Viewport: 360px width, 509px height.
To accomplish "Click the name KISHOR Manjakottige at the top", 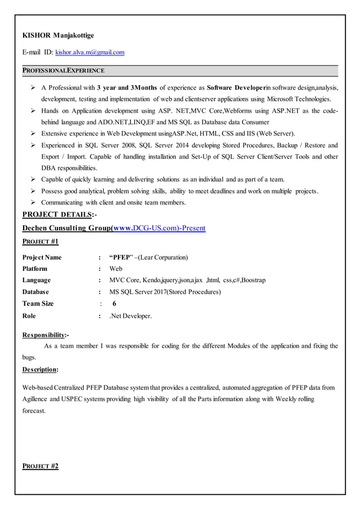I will click(x=58, y=36).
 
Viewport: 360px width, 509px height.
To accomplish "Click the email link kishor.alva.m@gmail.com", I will click(x=90, y=52).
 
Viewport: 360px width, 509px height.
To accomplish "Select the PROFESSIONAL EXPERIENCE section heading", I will click(x=63, y=71).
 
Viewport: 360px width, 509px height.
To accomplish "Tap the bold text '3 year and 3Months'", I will click(x=127, y=87).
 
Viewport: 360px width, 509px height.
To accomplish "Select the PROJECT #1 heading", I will click(x=40, y=242).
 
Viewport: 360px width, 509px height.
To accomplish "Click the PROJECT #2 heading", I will click(x=40, y=466).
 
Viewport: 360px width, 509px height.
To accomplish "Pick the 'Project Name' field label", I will click(x=42, y=257).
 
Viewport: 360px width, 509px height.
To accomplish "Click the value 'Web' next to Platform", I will click(x=116, y=269).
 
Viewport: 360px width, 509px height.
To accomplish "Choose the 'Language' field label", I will click(x=36, y=280).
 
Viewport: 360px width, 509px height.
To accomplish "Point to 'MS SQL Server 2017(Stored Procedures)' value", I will click(x=165, y=292).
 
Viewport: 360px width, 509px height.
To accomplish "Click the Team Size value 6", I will click(x=115, y=304).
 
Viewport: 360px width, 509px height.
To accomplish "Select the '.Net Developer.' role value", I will click(x=130, y=316).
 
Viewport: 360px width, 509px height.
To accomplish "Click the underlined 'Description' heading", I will click(x=39, y=369).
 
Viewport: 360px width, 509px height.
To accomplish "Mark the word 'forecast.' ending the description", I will click(x=34, y=411).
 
